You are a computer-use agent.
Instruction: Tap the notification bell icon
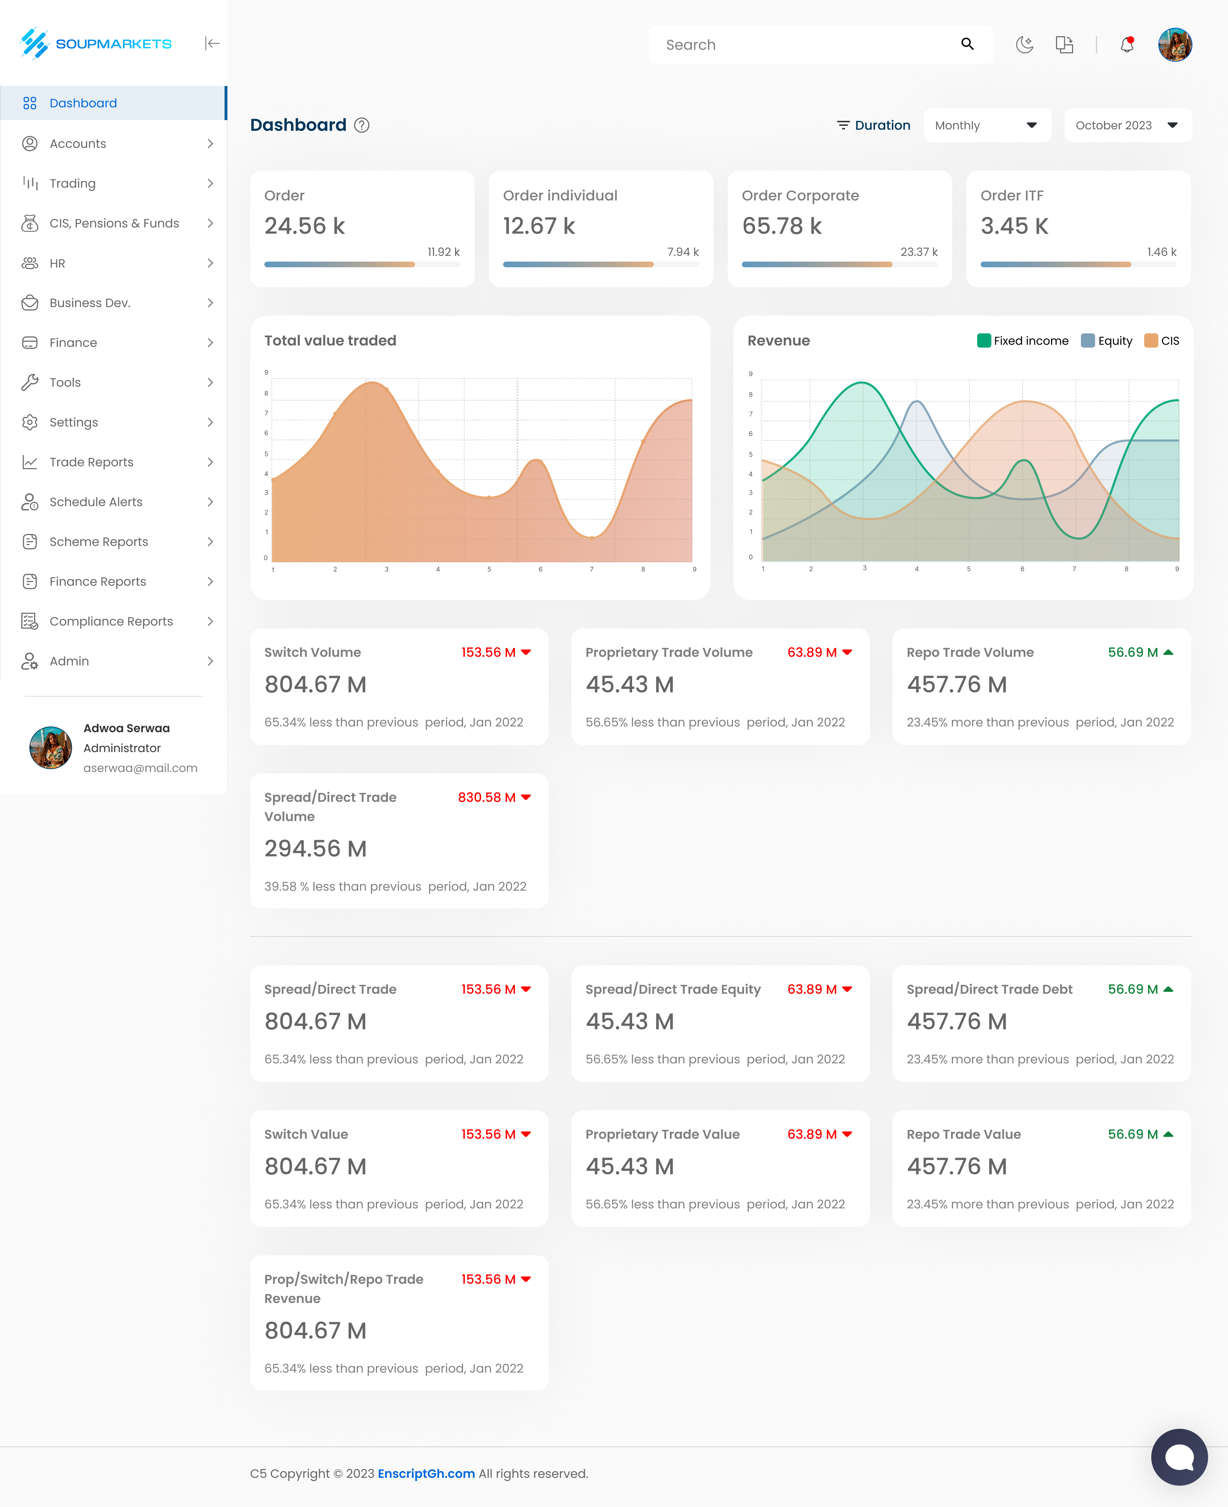tap(1127, 44)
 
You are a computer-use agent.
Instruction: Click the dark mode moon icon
tap(1024, 44)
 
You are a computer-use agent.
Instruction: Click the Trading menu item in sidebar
tap(72, 183)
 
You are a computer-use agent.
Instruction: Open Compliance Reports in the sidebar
tap(111, 621)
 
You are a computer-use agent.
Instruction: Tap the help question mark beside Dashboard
tap(361, 125)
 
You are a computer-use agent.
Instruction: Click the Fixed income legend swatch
tap(983, 340)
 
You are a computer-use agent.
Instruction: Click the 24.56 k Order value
tap(304, 226)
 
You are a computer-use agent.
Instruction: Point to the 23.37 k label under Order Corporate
tap(918, 252)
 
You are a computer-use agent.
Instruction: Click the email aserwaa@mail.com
tap(140, 768)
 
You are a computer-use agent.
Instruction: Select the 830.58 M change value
tap(487, 797)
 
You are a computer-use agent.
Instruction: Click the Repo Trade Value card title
tap(963, 1134)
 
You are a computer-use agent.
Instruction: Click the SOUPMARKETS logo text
tap(113, 44)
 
